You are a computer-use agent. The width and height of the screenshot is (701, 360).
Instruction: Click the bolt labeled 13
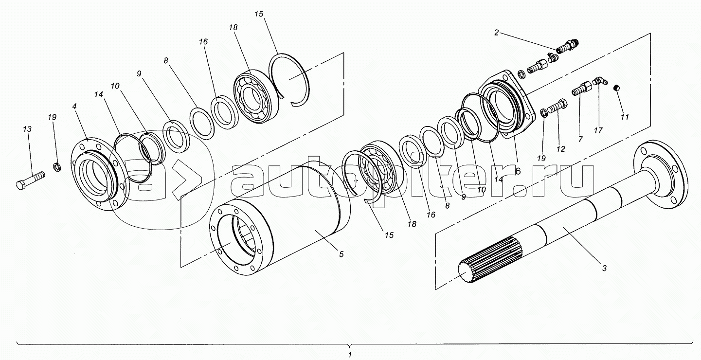click(30, 181)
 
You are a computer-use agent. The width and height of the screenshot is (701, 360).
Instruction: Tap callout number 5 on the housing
click(341, 254)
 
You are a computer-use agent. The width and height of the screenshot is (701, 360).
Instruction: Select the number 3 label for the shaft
click(604, 268)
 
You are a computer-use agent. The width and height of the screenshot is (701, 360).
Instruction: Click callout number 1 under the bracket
click(350, 355)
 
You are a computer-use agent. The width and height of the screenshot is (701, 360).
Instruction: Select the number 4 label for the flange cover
click(74, 107)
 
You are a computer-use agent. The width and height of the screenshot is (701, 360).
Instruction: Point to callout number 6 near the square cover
click(517, 171)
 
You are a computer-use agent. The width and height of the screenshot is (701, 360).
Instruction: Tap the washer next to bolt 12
click(544, 113)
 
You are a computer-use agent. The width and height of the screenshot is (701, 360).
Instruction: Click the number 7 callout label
click(580, 139)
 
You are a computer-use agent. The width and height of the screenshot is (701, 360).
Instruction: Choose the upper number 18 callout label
click(233, 28)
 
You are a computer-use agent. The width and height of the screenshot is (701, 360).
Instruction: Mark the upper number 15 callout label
click(259, 14)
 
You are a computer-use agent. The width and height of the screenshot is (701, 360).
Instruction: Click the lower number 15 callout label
click(389, 235)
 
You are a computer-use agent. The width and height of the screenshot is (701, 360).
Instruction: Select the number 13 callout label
click(27, 129)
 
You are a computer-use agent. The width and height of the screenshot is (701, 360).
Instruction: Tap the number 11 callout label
click(625, 117)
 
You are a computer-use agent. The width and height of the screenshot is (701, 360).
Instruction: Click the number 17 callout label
click(598, 130)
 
